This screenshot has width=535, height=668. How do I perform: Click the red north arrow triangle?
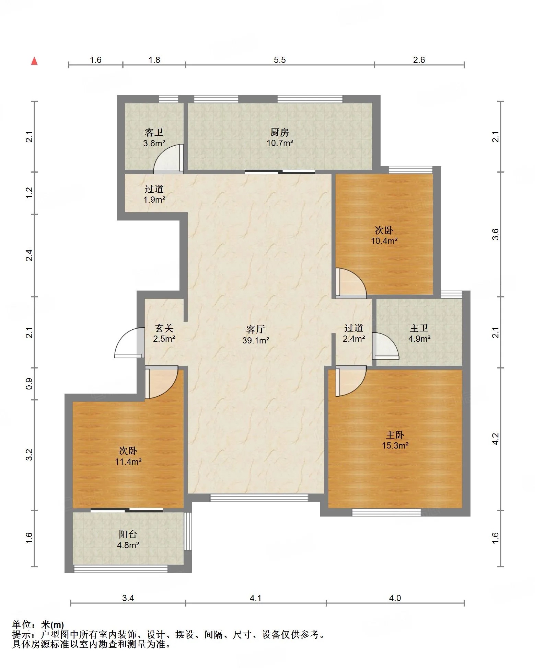click(34, 61)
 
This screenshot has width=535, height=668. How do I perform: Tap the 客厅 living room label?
click(256, 330)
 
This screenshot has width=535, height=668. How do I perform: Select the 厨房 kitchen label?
click(280, 132)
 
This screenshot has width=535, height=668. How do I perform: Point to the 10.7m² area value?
click(280, 143)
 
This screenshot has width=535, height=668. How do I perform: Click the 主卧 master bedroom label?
click(395, 435)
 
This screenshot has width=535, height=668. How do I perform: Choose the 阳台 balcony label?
click(128, 534)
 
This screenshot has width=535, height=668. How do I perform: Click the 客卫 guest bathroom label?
click(154, 132)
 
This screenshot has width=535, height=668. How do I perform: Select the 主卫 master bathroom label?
click(419, 328)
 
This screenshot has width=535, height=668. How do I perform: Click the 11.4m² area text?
click(128, 462)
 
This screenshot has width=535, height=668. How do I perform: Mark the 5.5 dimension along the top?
click(280, 60)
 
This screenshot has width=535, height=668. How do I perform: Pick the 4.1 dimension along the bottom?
click(256, 598)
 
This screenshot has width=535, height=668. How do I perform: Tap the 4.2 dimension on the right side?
click(495, 439)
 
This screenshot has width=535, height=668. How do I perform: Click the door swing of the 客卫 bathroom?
click(168, 158)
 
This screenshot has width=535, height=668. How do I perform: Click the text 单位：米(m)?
click(38, 624)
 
